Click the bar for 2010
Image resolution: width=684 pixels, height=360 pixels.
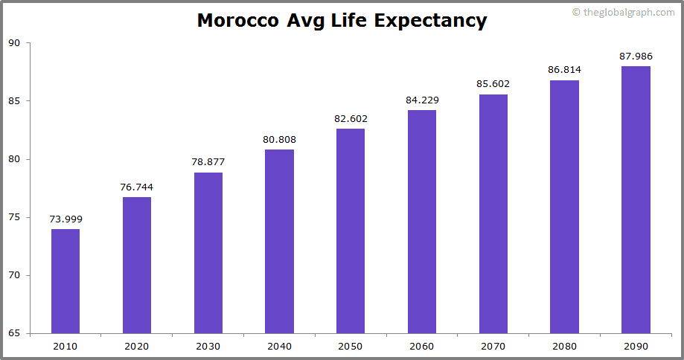pyautogui.click(x=65, y=281)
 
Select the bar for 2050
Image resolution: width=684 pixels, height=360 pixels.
pyautogui.click(x=351, y=231)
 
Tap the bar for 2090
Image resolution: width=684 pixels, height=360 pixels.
pyautogui.click(x=636, y=199)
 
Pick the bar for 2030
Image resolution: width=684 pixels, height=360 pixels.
pyautogui.click(x=208, y=253)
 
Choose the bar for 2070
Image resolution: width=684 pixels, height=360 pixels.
pyautogui.click(x=493, y=213)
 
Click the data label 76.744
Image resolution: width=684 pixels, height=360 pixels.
pyautogui.click(x=137, y=187)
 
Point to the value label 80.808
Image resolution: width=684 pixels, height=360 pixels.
pyautogui.click(x=279, y=139)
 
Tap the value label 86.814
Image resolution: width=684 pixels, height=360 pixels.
pyautogui.click(x=564, y=70)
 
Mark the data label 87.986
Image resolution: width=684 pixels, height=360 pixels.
pyautogui.click(x=636, y=56)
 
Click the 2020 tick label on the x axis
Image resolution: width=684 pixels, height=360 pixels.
pyautogui.click(x=137, y=346)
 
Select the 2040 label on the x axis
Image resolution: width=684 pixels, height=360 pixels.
pyautogui.click(x=279, y=346)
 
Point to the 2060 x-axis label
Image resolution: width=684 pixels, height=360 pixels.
pyautogui.click(x=421, y=346)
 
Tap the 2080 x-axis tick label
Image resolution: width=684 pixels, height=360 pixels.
pyautogui.click(x=564, y=346)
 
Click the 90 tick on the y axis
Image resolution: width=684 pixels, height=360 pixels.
pyautogui.click(x=14, y=43)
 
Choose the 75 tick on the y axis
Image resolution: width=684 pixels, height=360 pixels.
pyautogui.click(x=14, y=217)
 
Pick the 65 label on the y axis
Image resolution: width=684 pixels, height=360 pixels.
pyautogui.click(x=14, y=333)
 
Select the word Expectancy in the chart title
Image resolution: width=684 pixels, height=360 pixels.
pyautogui.click(x=430, y=21)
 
